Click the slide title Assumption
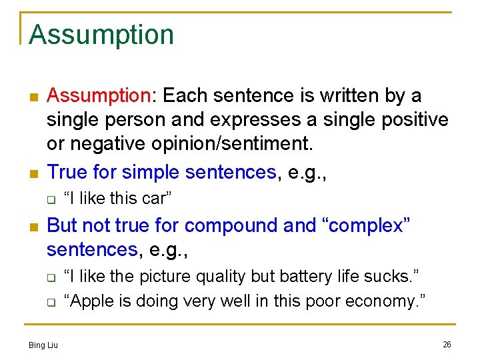(x=101, y=35)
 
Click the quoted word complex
(x=367, y=226)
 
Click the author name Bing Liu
(x=43, y=345)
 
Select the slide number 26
(x=447, y=344)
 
